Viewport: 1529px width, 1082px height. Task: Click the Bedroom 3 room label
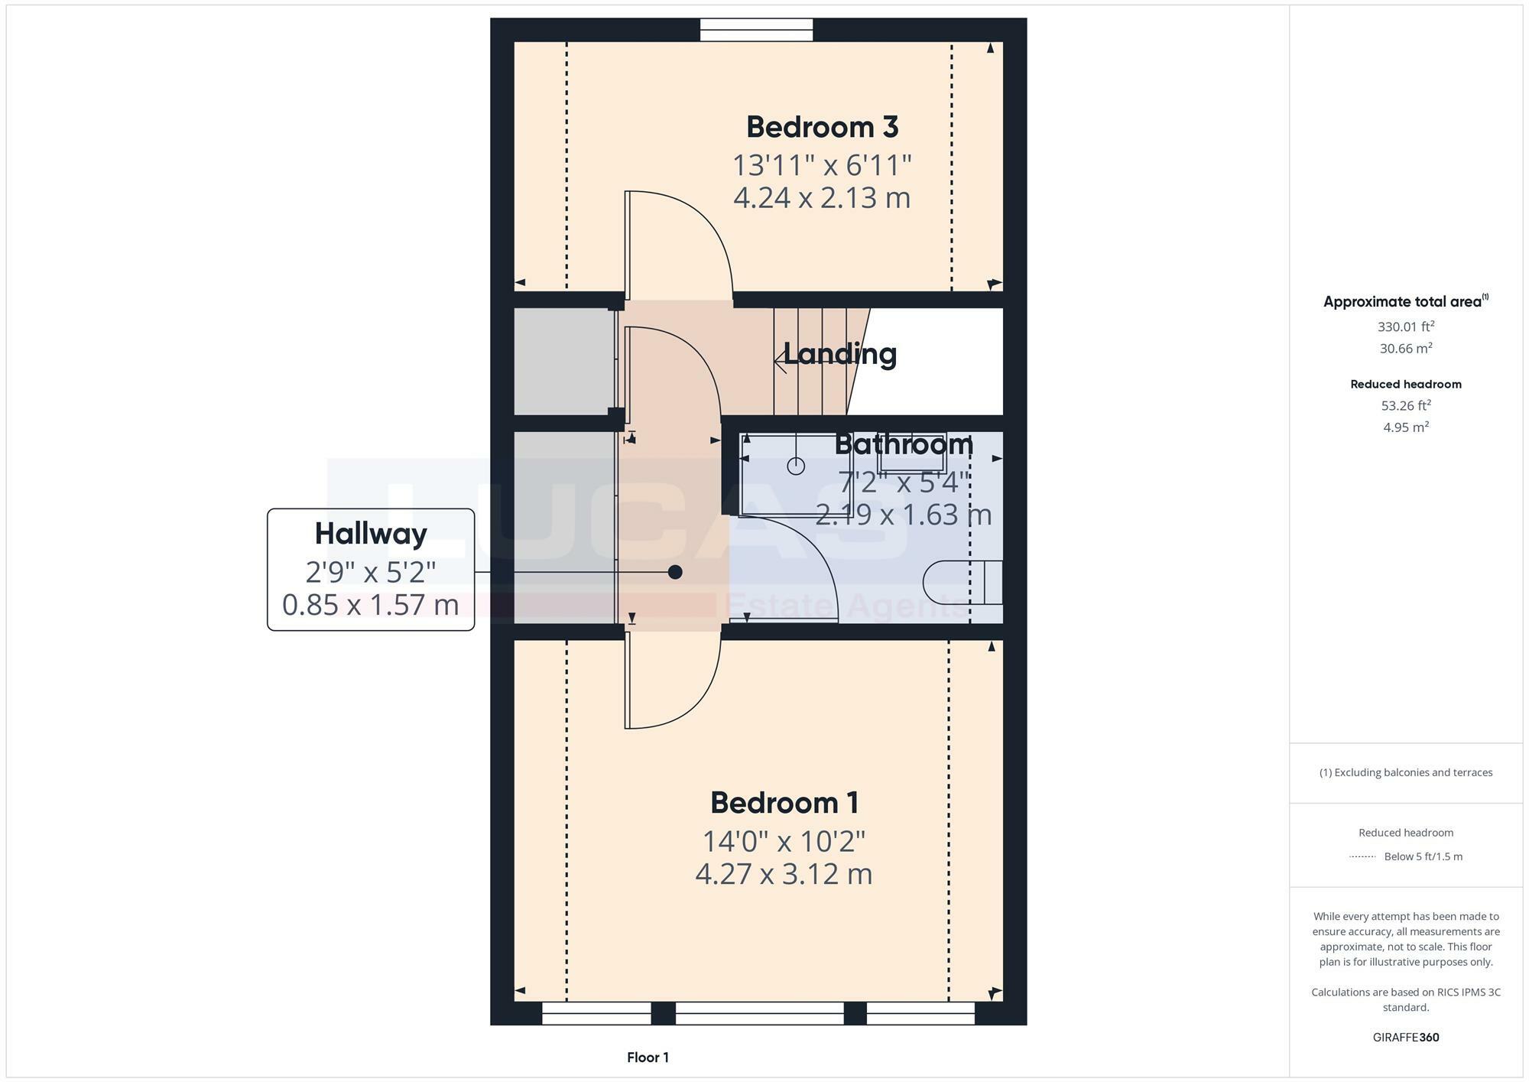[x=822, y=127]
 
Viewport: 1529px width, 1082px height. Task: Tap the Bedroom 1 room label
[x=784, y=803]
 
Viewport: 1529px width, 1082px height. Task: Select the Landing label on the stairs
[x=839, y=354]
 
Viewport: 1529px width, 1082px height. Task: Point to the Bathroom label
[x=904, y=444]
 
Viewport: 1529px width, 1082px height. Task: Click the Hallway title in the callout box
[x=371, y=534]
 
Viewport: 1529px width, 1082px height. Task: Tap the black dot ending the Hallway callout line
[x=675, y=572]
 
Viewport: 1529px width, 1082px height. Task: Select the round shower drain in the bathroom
[x=796, y=466]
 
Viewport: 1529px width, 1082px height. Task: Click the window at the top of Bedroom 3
[x=756, y=30]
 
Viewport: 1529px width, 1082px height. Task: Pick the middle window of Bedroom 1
[x=759, y=1013]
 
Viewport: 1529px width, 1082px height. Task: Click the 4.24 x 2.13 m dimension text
[x=822, y=198]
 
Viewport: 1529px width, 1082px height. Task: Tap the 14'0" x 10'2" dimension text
[x=784, y=842]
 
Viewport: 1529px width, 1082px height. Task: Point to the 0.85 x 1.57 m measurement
[x=371, y=605]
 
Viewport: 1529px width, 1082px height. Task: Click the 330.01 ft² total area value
[x=1405, y=327]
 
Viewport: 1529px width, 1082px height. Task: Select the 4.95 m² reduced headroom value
[x=1405, y=427]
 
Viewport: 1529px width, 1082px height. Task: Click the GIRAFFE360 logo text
[x=1406, y=1038]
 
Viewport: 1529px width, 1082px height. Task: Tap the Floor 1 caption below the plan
[x=648, y=1058]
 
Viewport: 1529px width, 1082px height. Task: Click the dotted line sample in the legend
[x=1362, y=857]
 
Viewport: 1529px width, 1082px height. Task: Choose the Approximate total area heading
[x=1405, y=301]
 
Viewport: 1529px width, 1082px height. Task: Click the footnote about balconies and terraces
[x=1405, y=772]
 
